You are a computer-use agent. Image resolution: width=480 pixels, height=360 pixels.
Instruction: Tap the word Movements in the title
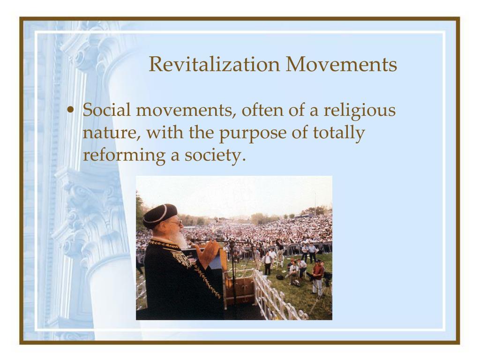point(341,64)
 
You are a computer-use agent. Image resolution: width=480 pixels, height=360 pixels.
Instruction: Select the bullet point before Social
point(70,111)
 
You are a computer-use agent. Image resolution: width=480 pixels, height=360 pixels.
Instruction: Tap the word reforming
point(123,155)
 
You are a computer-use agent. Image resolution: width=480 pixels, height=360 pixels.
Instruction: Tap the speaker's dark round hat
point(160,215)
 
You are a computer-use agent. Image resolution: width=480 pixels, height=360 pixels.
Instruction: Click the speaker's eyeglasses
point(174,223)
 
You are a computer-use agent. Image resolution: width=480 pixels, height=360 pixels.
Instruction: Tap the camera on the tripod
point(327,276)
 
